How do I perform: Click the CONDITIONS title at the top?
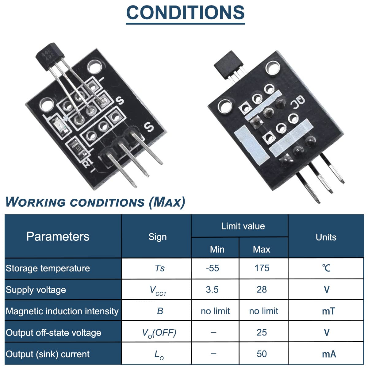[185, 13]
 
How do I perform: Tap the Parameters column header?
[58, 236]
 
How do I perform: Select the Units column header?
[326, 237]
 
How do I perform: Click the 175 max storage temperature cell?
[262, 268]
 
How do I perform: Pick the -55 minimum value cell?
[213, 268]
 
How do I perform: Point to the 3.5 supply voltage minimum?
[212, 289]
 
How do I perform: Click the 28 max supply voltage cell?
[262, 289]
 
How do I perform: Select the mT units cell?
[328, 311]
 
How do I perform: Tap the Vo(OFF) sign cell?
[159, 333]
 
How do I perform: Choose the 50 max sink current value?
[262, 354]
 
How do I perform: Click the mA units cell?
[329, 354]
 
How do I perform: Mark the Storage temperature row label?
[48, 268]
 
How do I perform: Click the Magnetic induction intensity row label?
[62, 311]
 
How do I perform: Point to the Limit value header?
[243, 226]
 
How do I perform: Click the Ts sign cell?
[160, 268]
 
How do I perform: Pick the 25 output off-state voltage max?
[262, 332]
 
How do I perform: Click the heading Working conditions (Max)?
[95, 202]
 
